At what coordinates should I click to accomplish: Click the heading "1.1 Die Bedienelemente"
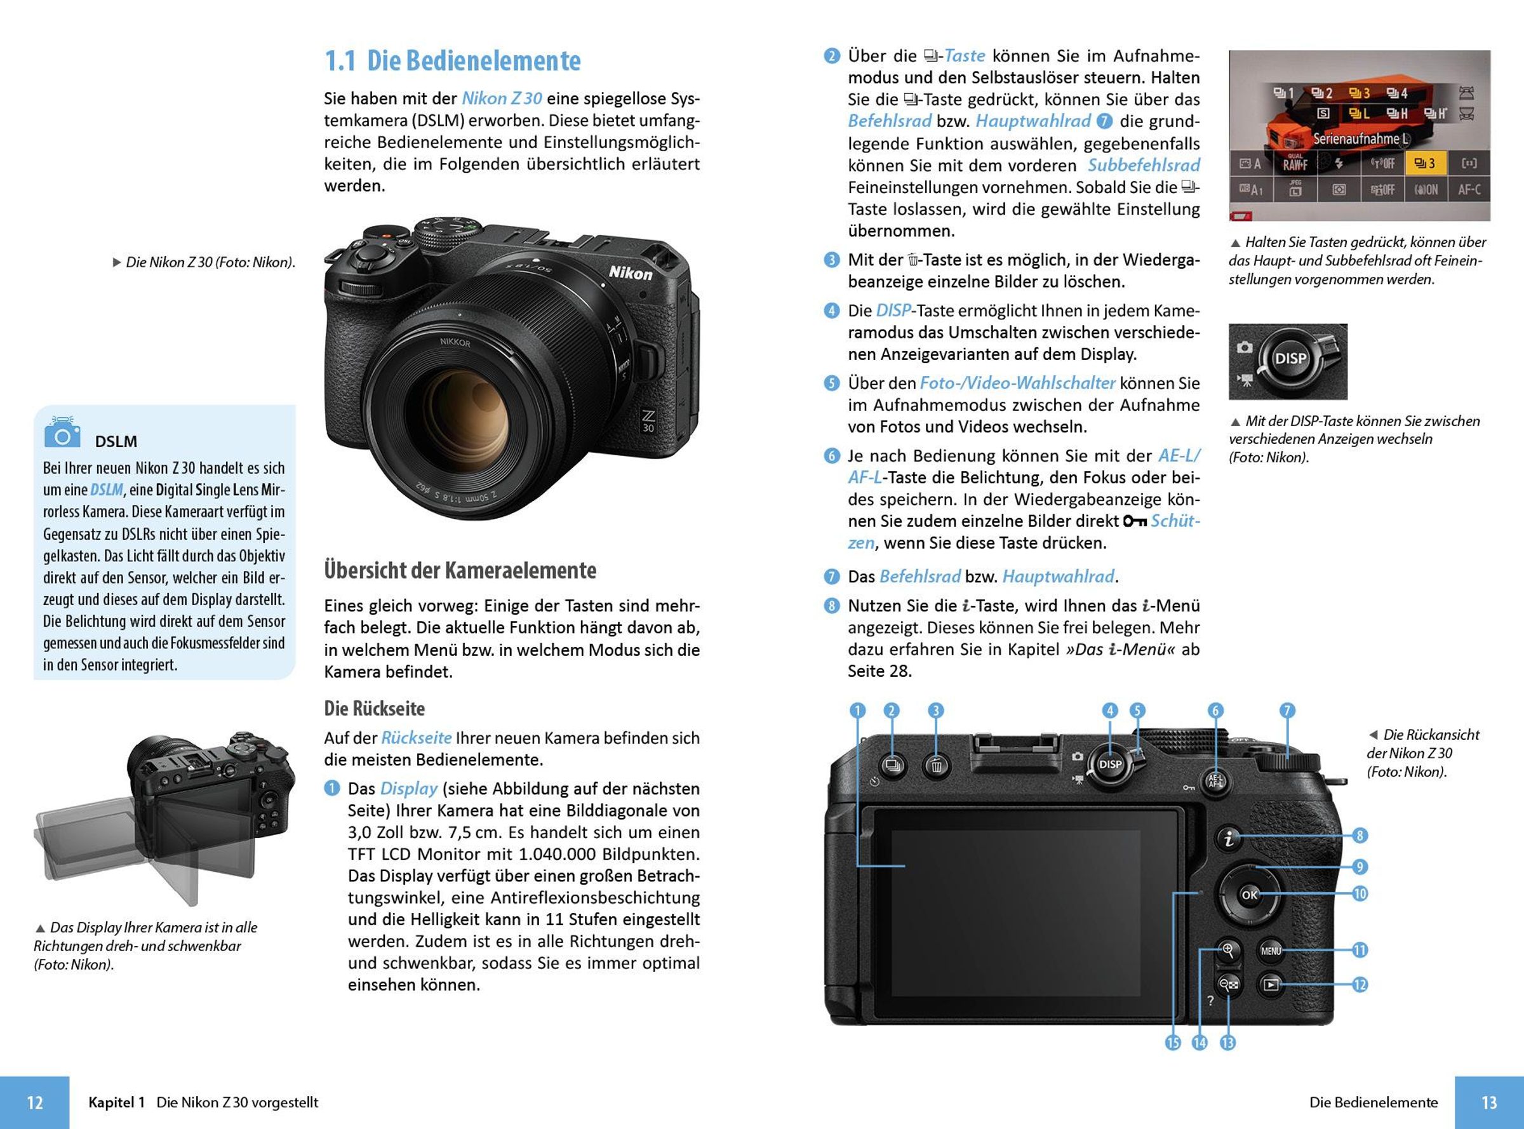point(452,61)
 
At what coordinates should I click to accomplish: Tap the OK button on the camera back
point(1248,895)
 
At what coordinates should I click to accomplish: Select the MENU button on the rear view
point(1271,951)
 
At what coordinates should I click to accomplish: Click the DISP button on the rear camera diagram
point(1110,764)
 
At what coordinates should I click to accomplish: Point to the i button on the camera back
point(1229,837)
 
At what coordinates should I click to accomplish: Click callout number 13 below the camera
point(1227,1043)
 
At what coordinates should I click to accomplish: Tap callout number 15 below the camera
point(1173,1043)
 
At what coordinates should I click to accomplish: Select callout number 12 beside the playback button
point(1360,985)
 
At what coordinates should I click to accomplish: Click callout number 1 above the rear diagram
point(857,711)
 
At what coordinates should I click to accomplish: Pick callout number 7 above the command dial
point(1287,711)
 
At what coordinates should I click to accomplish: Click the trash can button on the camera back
point(936,766)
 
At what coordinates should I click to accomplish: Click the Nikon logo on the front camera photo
point(630,272)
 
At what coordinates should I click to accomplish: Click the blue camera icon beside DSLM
point(62,433)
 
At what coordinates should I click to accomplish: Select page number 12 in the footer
point(34,1102)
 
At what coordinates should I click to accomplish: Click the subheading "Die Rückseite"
point(374,708)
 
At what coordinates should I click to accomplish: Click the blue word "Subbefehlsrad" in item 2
point(1144,165)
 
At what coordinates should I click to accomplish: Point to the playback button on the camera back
point(1271,985)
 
